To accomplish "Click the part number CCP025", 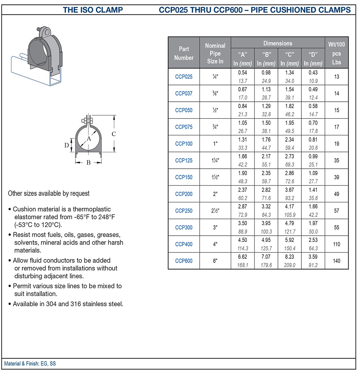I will click(x=183, y=77).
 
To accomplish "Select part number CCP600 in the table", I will click(x=183, y=261).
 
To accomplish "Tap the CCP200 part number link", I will click(x=183, y=194).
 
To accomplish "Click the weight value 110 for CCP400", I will click(x=337, y=244).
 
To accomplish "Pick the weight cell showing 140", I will click(x=337, y=261).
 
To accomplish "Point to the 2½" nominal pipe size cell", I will click(x=215, y=211).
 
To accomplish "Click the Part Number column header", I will click(x=184, y=53).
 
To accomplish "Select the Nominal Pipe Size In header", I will click(x=215, y=53).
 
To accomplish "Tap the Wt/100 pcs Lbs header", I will click(x=337, y=53).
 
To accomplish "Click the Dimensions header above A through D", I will click(x=278, y=43).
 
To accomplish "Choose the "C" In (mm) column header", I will click(x=289, y=59).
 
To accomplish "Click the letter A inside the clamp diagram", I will click(x=89, y=139).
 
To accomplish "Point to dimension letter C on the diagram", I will click(x=114, y=134).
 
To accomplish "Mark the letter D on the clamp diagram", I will click(x=66, y=145).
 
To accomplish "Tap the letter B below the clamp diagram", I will click(x=88, y=162).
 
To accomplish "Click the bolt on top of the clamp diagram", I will click(x=88, y=120).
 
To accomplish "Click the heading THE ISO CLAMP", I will click(x=93, y=10).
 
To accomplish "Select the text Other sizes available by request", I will click(x=49, y=193).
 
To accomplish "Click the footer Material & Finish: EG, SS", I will click(x=30, y=364).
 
